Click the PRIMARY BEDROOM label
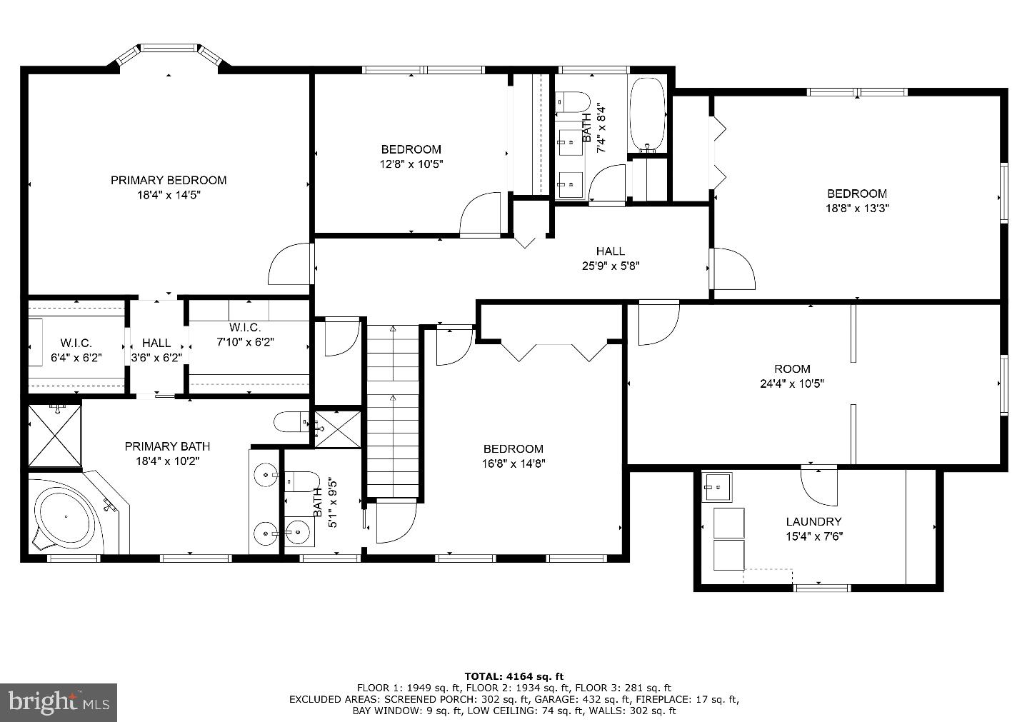coord(168,180)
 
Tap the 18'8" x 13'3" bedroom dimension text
coord(856,209)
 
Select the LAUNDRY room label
coord(813,521)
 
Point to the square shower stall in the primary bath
coord(55,436)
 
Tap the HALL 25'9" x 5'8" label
coord(610,258)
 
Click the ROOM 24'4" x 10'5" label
coord(792,376)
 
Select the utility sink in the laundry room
coord(716,487)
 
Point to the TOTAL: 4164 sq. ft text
coord(513,676)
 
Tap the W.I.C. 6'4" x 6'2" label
coord(76,350)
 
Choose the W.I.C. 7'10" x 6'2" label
coord(244,334)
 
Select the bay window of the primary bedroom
coord(169,56)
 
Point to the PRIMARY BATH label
coord(167,453)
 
